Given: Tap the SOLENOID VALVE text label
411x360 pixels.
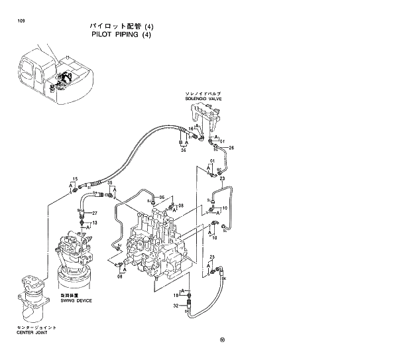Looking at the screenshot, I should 204,99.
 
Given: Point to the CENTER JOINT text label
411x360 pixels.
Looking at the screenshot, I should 32,333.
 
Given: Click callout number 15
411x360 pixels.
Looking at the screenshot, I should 75,180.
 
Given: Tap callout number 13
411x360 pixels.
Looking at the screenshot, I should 94,223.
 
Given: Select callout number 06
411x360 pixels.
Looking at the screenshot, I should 161,198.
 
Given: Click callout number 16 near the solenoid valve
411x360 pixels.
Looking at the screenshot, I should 191,129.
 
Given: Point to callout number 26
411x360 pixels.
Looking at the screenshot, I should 231,147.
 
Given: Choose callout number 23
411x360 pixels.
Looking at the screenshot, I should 222,178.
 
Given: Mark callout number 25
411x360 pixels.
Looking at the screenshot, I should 212,257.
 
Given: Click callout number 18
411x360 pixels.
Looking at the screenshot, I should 176,294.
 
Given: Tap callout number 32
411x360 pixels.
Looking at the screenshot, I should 176,306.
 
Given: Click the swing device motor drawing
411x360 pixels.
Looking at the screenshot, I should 76,259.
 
